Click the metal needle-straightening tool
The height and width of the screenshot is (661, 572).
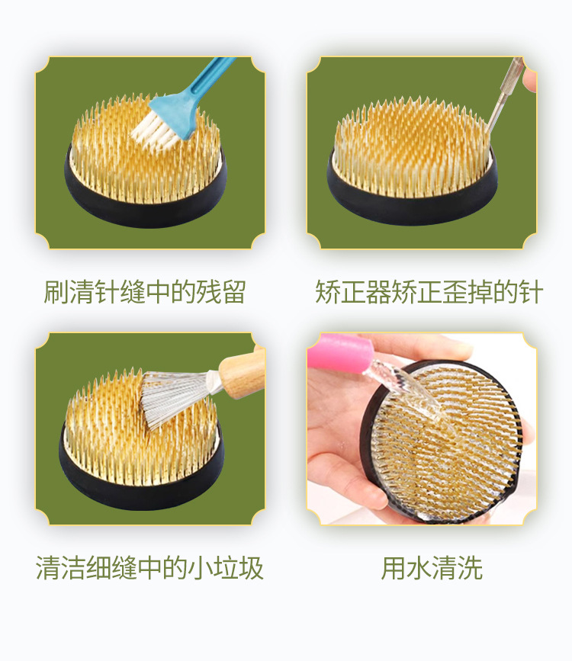[503, 96]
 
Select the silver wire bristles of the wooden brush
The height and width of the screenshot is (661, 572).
[177, 395]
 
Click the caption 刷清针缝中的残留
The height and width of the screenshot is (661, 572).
[145, 291]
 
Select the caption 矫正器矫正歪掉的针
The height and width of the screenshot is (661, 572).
[429, 291]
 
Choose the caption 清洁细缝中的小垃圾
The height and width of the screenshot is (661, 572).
[149, 568]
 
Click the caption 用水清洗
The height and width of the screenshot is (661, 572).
[432, 568]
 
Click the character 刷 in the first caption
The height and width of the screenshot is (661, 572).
[56, 291]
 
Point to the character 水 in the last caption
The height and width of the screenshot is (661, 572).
[419, 568]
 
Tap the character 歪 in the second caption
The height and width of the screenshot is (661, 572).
[455, 291]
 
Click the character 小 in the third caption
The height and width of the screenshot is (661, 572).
[201, 568]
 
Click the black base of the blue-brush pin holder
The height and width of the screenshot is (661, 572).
[146, 207]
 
